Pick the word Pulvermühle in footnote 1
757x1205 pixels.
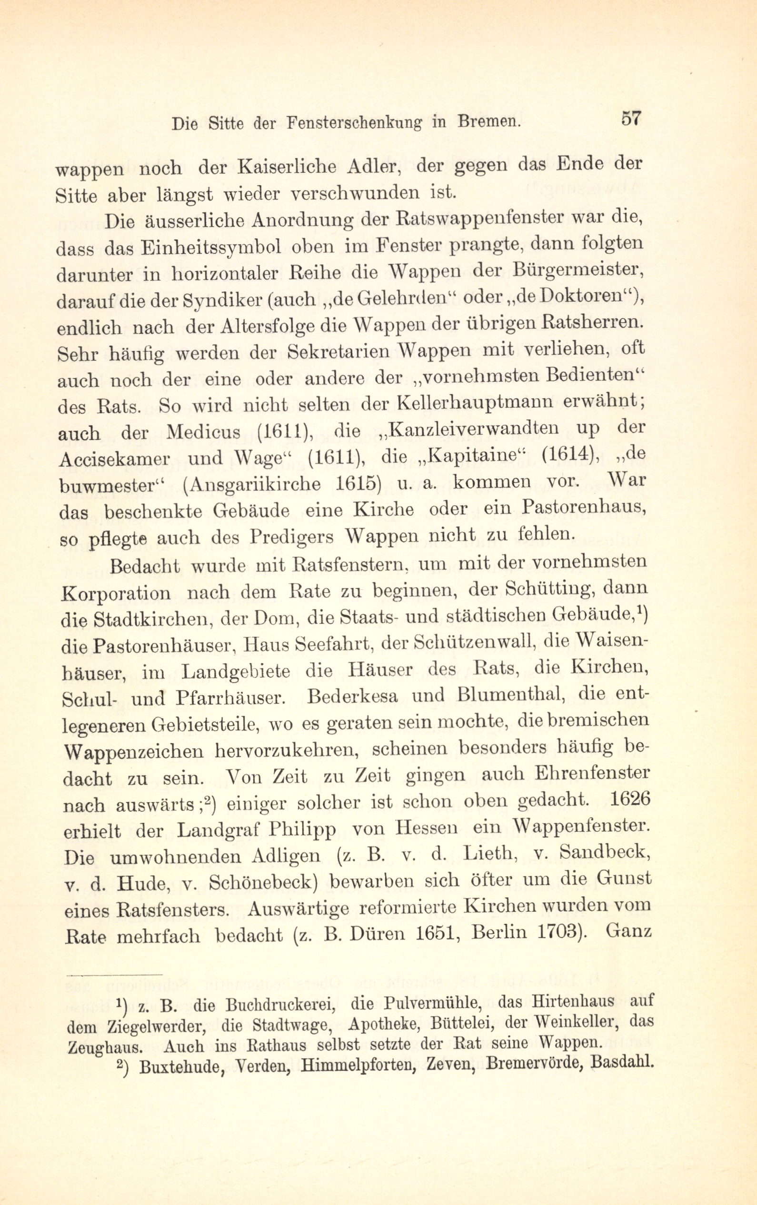tap(416, 1004)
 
